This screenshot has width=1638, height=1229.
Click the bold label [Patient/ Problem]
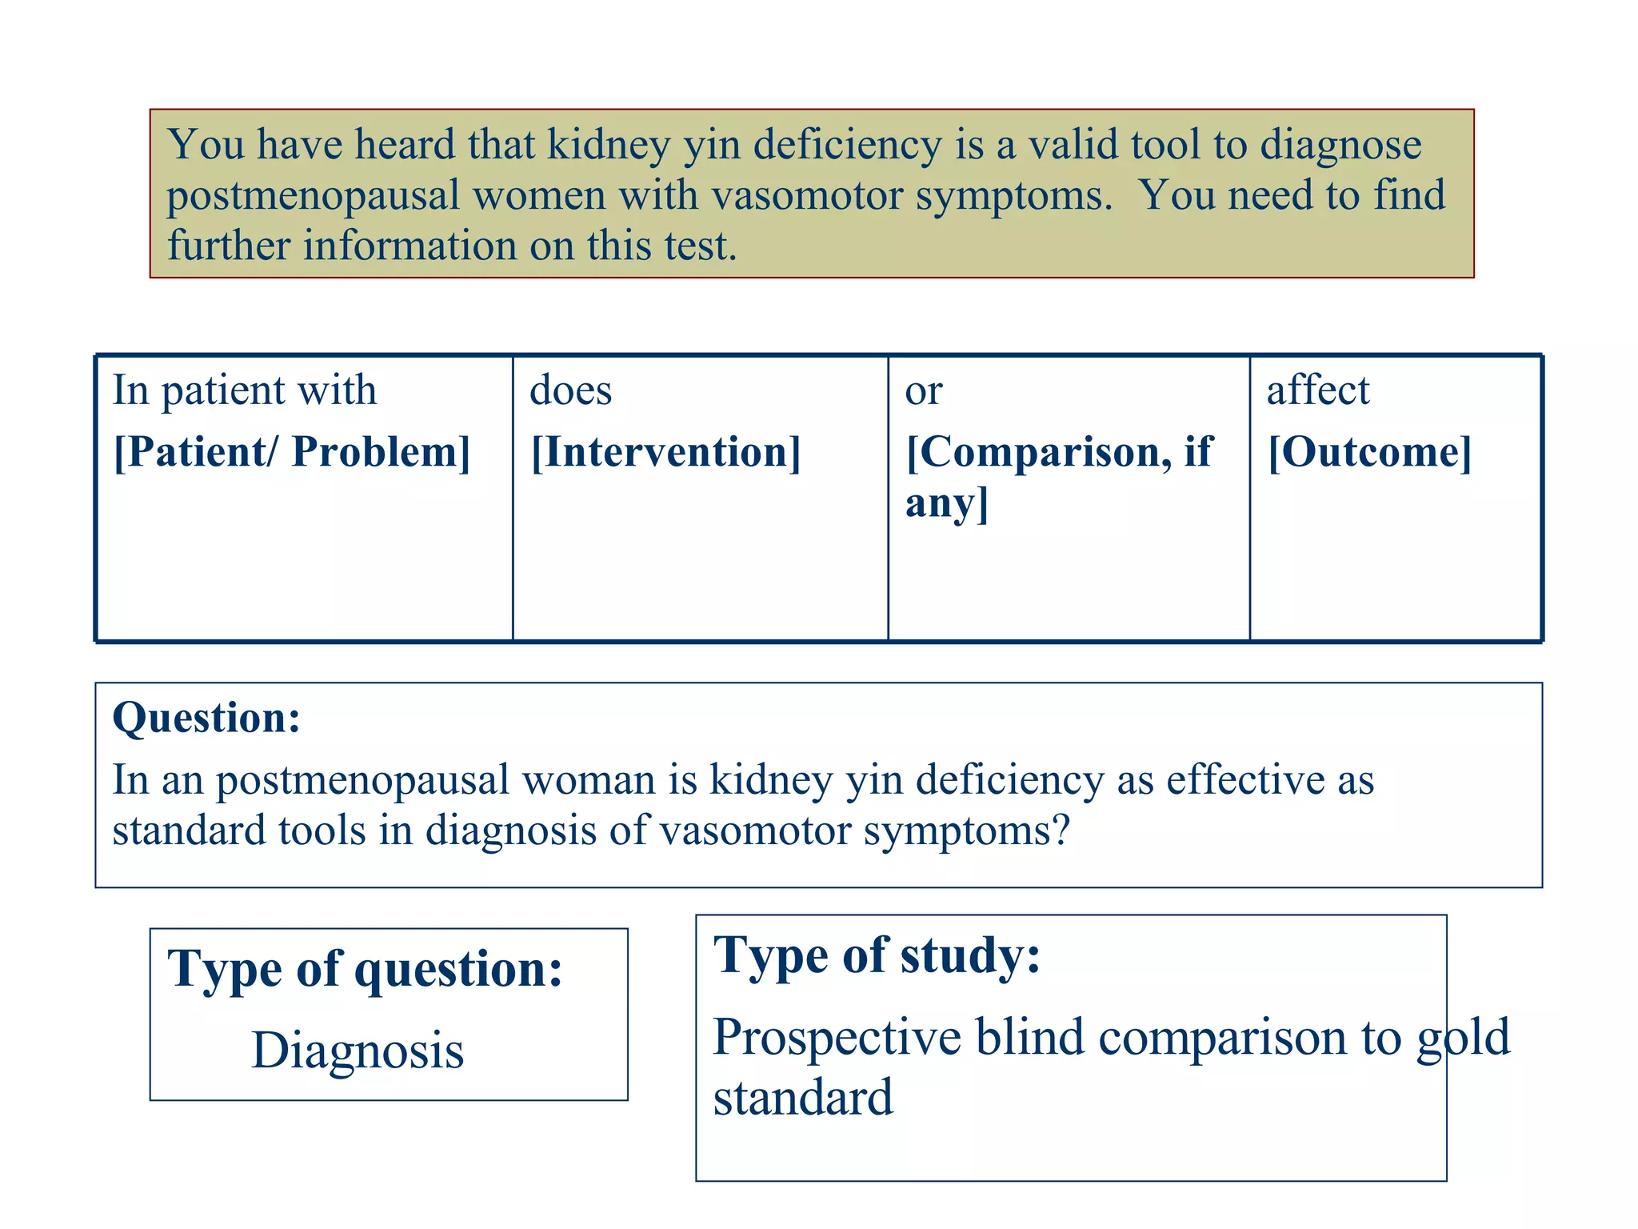click(292, 452)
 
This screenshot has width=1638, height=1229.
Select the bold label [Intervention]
click(665, 452)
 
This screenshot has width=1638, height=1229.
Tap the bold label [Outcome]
click(1369, 452)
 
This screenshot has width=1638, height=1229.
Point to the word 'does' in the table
click(570, 390)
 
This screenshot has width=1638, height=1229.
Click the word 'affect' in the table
click(1318, 390)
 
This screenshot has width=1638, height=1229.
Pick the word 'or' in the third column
click(924, 392)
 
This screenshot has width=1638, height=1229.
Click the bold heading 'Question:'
click(206, 717)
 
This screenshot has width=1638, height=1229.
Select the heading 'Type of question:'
click(366, 969)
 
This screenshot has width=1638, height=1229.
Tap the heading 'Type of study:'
click(877, 955)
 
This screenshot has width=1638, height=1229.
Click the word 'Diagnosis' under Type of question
click(358, 1051)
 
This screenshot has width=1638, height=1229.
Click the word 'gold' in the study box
click(1463, 1038)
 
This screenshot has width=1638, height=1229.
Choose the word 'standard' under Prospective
click(803, 1098)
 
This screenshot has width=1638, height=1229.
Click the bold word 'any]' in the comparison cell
click(947, 503)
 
